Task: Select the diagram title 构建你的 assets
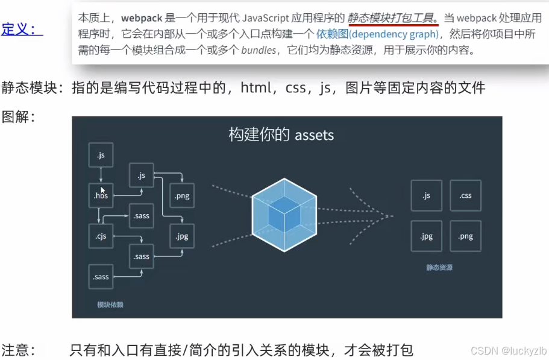(x=281, y=134)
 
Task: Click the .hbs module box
(x=101, y=195)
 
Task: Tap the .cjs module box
(x=101, y=236)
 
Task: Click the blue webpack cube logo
(x=284, y=216)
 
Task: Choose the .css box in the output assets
(x=465, y=195)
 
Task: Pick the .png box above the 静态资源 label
(x=465, y=236)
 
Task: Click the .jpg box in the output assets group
(x=426, y=236)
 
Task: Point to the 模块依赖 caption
(x=110, y=305)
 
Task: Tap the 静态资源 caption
(x=439, y=267)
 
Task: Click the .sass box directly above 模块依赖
(x=101, y=277)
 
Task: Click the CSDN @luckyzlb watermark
(x=508, y=350)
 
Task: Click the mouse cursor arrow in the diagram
(x=102, y=190)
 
